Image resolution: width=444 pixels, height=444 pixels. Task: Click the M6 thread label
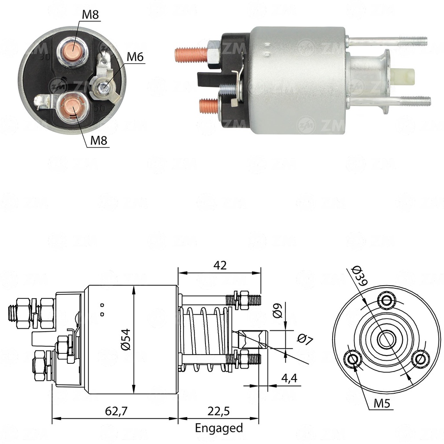pyautogui.click(x=135, y=57)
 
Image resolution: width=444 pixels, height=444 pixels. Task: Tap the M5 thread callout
pyautogui.click(x=382, y=404)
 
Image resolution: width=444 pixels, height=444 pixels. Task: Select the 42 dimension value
pyautogui.click(x=220, y=265)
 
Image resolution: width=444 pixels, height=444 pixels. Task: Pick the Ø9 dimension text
pyautogui.click(x=278, y=310)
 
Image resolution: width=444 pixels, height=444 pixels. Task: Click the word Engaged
pyautogui.click(x=219, y=428)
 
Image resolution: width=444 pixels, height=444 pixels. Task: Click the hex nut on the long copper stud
pyautogui.click(x=214, y=54)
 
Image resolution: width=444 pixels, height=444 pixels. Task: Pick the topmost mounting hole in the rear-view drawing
pyautogui.click(x=386, y=300)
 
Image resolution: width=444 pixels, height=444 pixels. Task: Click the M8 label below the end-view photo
pyautogui.click(x=99, y=140)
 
